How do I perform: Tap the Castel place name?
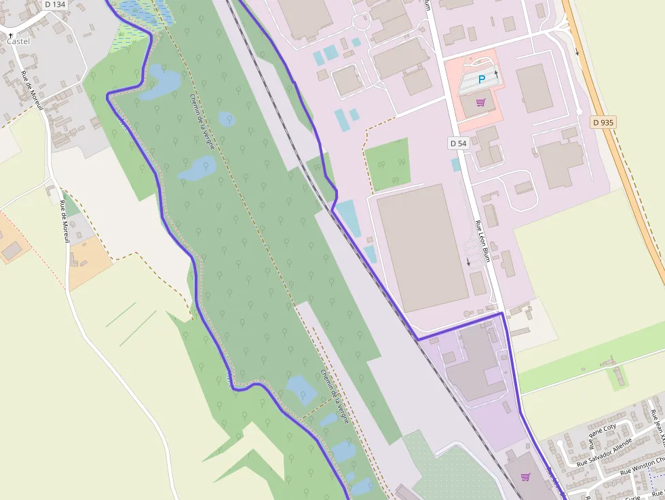[x=19, y=41]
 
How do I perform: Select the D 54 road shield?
[x=459, y=143]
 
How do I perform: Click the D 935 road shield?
[x=602, y=123]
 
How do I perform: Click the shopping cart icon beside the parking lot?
[x=481, y=103]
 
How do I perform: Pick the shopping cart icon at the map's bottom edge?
[x=525, y=477]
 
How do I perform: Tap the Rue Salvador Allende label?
[x=604, y=453]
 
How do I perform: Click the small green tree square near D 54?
[x=388, y=164]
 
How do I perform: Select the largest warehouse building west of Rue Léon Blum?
[x=422, y=247]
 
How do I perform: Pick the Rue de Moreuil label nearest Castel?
[x=31, y=91]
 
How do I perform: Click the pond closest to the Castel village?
[x=161, y=81]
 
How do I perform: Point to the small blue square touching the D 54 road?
[x=455, y=164]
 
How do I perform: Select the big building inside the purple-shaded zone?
[x=475, y=366]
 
